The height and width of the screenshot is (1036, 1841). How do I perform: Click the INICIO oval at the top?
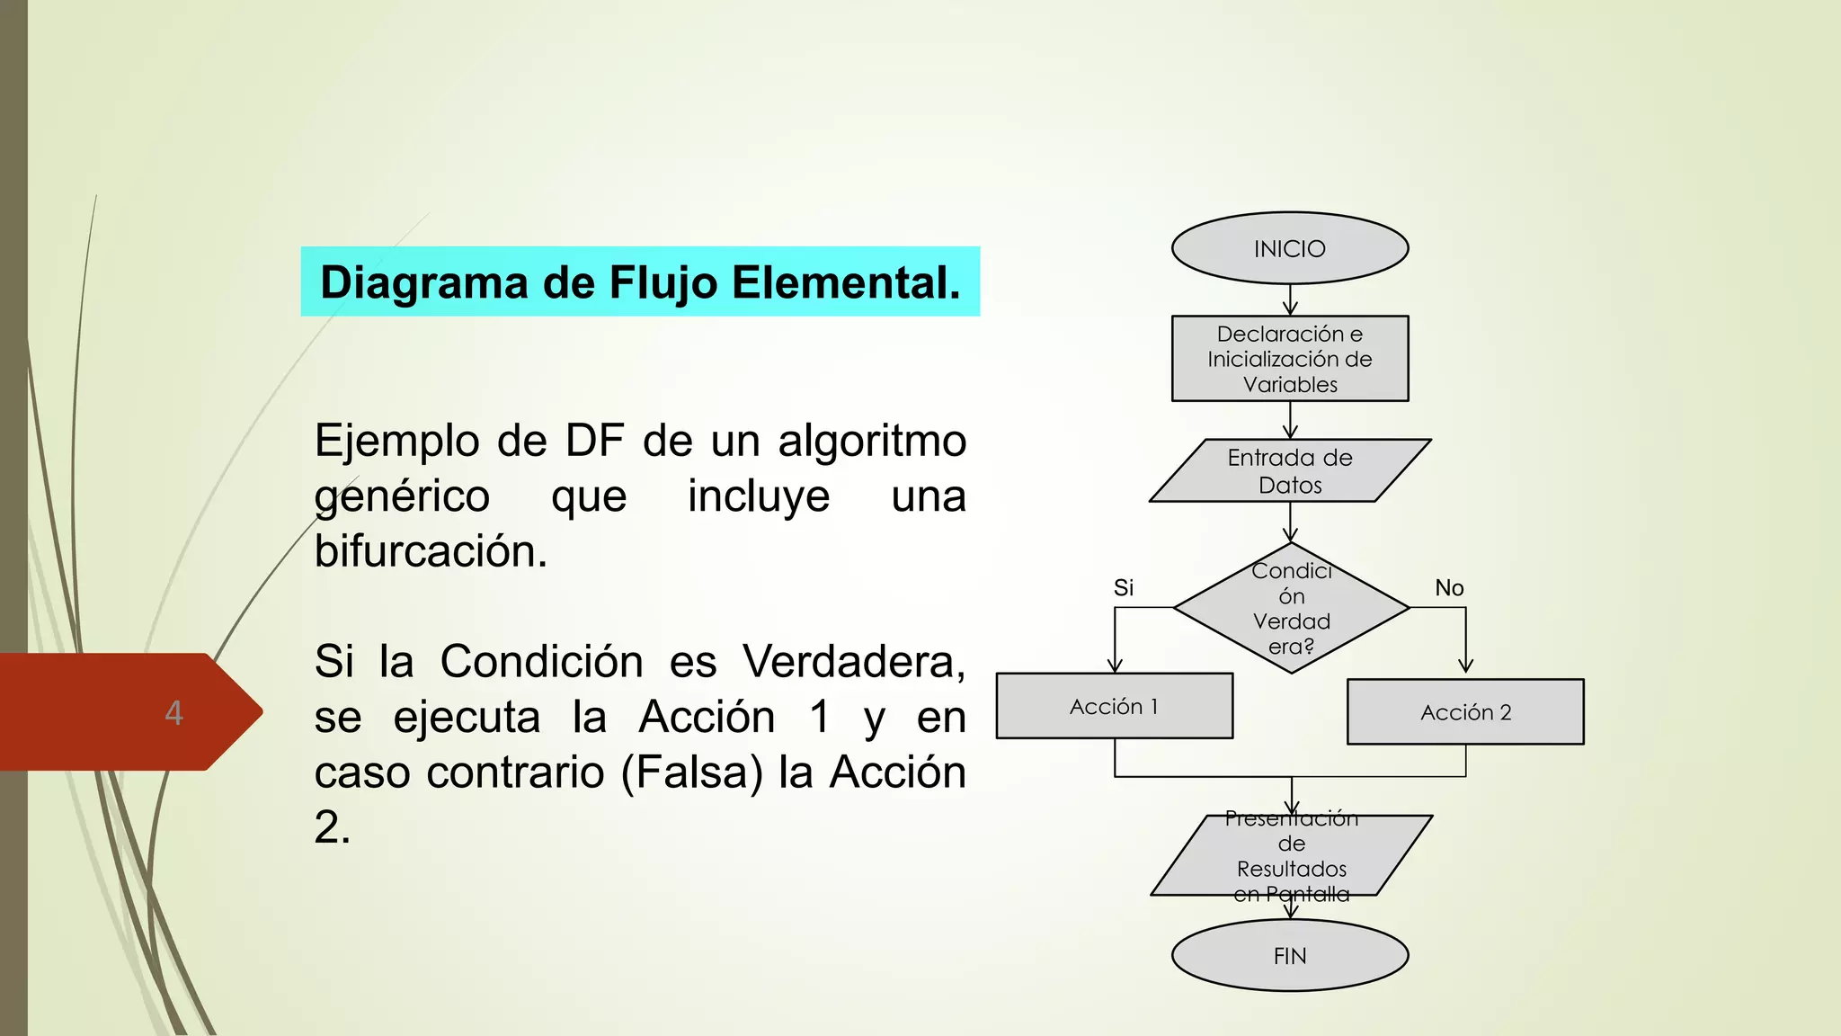click(1289, 248)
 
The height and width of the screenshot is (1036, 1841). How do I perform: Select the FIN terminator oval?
click(1289, 955)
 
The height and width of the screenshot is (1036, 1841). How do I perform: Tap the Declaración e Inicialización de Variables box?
click(1289, 359)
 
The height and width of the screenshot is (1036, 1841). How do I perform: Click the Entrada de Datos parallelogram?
click(1289, 470)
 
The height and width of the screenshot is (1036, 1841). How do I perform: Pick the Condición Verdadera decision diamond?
click(1291, 608)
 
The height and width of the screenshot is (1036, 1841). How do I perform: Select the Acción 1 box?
click(1114, 706)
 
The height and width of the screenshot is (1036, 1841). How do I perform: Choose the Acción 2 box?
click(1465, 711)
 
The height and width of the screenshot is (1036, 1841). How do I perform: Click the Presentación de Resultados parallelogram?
click(1291, 855)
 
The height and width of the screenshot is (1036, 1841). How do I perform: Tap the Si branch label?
click(1123, 588)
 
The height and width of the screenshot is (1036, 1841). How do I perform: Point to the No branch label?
click(1449, 588)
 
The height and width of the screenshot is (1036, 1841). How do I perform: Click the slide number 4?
click(173, 712)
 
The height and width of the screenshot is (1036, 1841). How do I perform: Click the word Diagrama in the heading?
click(424, 282)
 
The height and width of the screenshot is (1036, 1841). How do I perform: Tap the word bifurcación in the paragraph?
click(431, 551)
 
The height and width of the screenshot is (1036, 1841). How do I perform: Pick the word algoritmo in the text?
click(871, 441)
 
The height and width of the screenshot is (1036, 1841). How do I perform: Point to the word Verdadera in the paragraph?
click(853, 662)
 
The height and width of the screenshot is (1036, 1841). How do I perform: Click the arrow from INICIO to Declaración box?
click(1290, 299)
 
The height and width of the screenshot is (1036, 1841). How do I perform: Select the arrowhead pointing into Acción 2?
click(1465, 665)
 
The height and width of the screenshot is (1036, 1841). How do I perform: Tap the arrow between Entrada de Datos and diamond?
click(1290, 522)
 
